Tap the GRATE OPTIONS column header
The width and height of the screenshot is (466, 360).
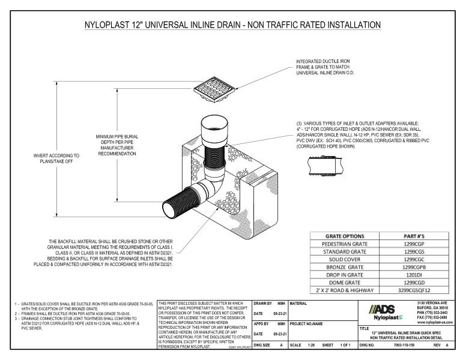(342, 236)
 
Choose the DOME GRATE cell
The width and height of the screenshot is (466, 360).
(342, 281)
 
